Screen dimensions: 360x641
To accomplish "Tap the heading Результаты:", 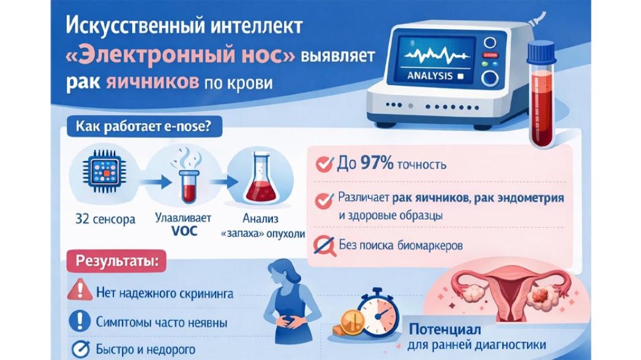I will (x=116, y=260).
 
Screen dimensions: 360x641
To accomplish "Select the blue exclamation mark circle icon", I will (x=80, y=320).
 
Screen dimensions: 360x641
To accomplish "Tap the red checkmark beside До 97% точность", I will (x=323, y=164).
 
